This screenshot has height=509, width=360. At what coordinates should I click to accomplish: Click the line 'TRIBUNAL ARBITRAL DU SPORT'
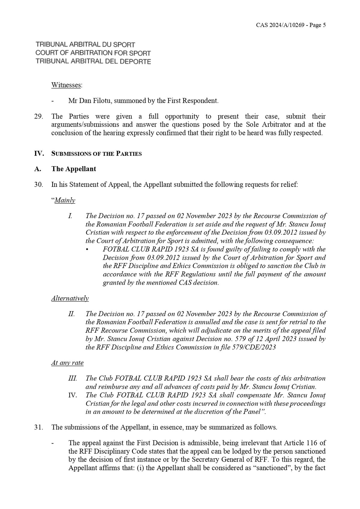[x=85, y=45]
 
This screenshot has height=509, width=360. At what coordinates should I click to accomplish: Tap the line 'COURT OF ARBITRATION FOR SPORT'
[x=93, y=53]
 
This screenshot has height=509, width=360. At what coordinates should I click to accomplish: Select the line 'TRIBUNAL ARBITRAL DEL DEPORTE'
[x=93, y=61]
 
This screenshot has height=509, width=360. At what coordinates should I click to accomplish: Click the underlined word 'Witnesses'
[x=66, y=85]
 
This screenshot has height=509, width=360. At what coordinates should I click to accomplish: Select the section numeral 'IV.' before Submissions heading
[x=39, y=154]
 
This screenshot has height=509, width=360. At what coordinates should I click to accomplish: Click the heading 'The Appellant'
[x=74, y=169]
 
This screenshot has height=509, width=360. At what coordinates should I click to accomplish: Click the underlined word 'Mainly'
[x=65, y=200]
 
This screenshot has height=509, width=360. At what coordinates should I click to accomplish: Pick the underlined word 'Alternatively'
[x=70, y=298]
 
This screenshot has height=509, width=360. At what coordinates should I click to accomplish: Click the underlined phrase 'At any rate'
[x=67, y=363]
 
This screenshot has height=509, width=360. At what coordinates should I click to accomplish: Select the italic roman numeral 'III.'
[x=73, y=379]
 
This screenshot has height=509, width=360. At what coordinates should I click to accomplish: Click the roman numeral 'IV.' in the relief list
[x=73, y=395]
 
